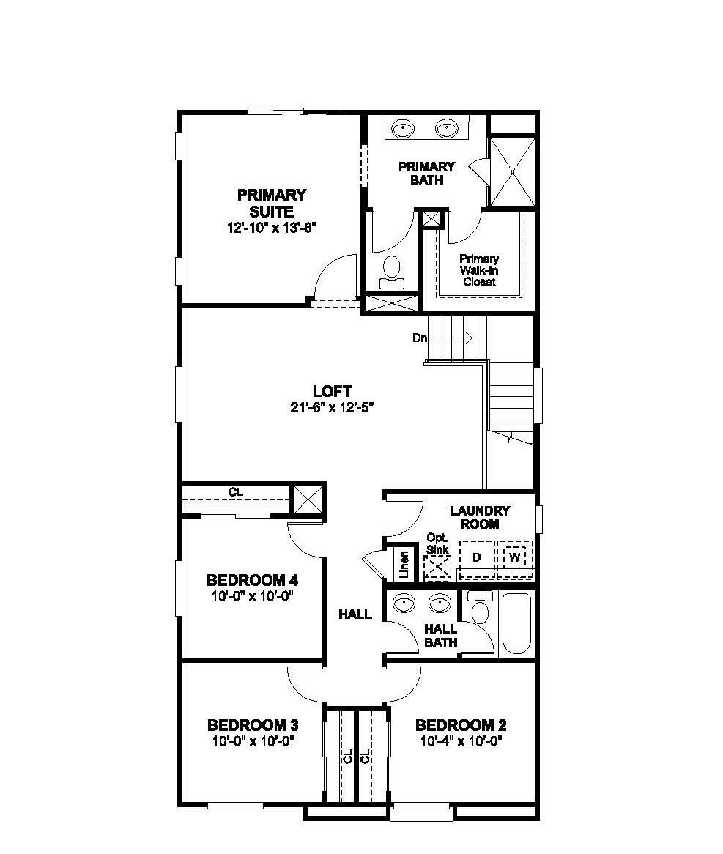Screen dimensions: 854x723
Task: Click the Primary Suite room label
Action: click(x=271, y=203)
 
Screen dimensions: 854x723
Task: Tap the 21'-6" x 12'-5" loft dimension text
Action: click(x=332, y=408)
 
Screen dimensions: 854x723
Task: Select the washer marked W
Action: click(x=515, y=558)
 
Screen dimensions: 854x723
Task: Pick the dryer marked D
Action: click(x=476, y=558)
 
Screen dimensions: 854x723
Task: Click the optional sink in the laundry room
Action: click(x=438, y=565)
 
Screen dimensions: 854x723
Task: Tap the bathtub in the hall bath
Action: click(x=516, y=623)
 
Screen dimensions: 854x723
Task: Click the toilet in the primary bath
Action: click(x=393, y=270)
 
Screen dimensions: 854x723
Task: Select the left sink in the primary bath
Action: click(x=402, y=129)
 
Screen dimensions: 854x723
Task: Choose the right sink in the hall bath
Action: click(x=440, y=604)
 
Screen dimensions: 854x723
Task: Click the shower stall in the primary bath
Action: click(x=513, y=171)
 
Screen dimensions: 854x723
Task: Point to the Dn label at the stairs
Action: click(x=420, y=338)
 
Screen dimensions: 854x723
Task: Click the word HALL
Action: click(x=355, y=614)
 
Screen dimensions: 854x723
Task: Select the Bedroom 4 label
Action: click(x=252, y=581)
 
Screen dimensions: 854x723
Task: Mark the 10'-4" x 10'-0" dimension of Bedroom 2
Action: click(x=461, y=740)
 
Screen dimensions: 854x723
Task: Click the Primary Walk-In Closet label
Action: click(x=479, y=270)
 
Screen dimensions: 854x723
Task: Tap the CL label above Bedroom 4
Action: click(x=235, y=492)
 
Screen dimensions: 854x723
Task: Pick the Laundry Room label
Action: click(x=479, y=517)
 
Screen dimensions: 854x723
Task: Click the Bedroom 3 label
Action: click(x=253, y=725)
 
